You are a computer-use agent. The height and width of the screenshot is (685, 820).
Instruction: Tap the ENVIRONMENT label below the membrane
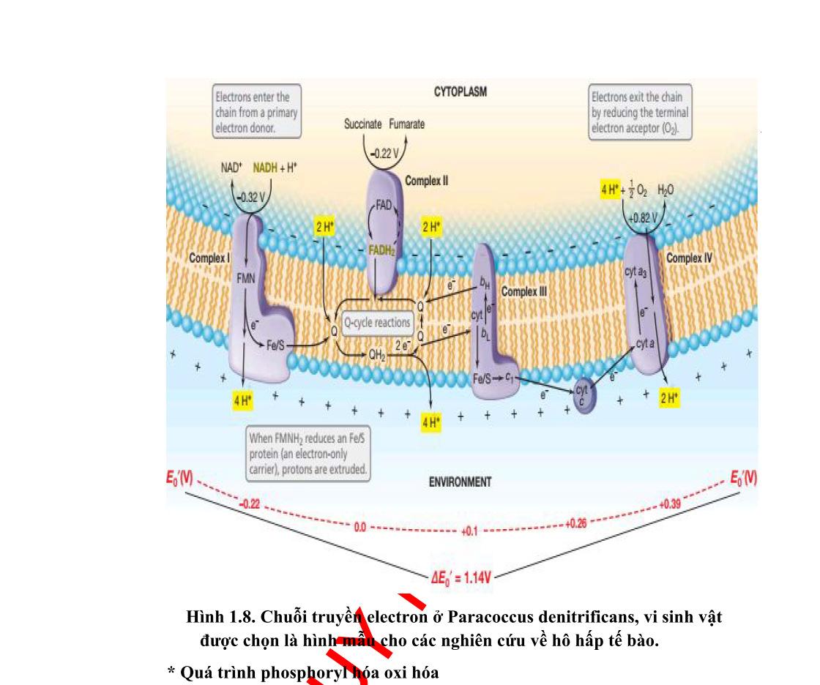[460, 482]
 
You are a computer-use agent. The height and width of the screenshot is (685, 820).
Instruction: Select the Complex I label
[209, 258]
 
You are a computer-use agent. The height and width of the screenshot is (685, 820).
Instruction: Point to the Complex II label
[427, 180]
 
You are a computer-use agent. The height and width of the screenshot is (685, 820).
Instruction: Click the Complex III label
[524, 291]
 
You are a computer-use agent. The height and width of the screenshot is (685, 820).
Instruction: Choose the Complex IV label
[688, 258]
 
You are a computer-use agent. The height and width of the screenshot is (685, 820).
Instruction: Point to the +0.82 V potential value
[642, 218]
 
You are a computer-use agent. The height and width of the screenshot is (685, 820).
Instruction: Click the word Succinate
[362, 124]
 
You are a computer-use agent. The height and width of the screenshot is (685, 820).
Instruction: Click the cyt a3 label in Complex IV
[635, 272]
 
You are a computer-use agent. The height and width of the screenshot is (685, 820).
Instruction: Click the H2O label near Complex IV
[666, 190]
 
